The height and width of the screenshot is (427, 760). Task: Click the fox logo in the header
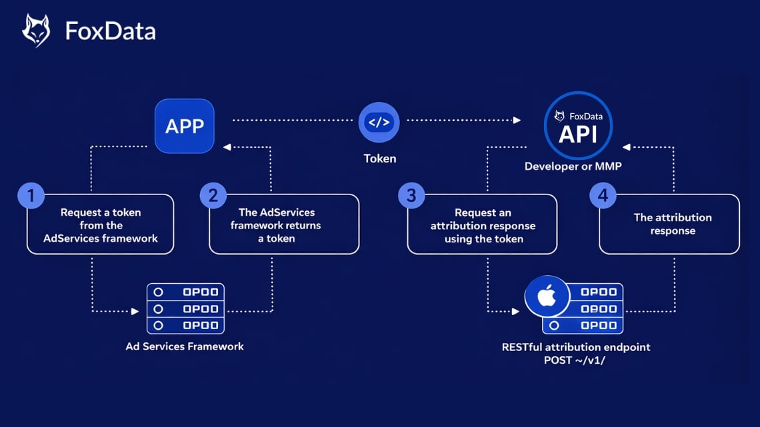pyautogui.click(x=36, y=31)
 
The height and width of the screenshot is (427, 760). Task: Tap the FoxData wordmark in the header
pyautogui.click(x=110, y=31)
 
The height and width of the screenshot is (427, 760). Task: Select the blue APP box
pyautogui.click(x=185, y=126)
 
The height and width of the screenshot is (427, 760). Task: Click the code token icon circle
pyautogui.click(x=379, y=123)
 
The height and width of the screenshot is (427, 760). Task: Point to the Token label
pyautogui.click(x=379, y=159)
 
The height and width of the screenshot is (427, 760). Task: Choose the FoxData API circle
pyautogui.click(x=577, y=126)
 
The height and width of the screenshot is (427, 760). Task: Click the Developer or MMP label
pyautogui.click(x=573, y=166)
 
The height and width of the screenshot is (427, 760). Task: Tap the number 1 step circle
pyautogui.click(x=30, y=196)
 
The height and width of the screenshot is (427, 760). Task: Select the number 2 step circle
pyautogui.click(x=213, y=196)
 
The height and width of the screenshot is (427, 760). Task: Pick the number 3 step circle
pyautogui.click(x=411, y=196)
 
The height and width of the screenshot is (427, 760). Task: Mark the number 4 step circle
pyautogui.click(x=603, y=196)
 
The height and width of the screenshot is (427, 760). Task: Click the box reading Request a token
pyautogui.click(x=101, y=224)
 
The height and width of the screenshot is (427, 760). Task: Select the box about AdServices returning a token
pyautogui.click(x=284, y=224)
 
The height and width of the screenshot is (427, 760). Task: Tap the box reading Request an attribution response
pyautogui.click(x=483, y=224)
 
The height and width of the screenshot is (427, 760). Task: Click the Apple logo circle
pyautogui.click(x=547, y=296)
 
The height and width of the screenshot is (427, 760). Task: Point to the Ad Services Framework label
pyautogui.click(x=185, y=346)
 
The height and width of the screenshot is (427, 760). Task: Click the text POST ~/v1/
pyautogui.click(x=576, y=360)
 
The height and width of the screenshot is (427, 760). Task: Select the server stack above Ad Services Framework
pyautogui.click(x=185, y=308)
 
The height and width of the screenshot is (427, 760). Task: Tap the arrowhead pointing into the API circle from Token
pyautogui.click(x=517, y=121)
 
